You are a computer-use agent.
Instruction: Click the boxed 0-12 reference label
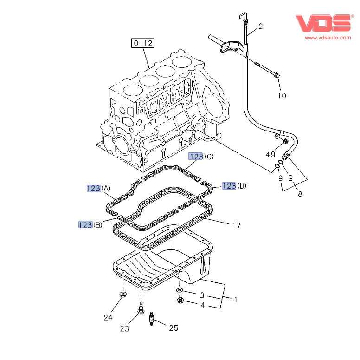click(x=142, y=43)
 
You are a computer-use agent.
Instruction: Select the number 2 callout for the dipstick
click(x=260, y=26)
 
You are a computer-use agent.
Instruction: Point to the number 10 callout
click(x=282, y=96)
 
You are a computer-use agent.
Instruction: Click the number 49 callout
click(x=270, y=154)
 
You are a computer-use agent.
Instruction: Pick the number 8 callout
click(x=300, y=194)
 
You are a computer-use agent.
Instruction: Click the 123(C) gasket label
click(x=201, y=157)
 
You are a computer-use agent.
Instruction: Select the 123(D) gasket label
click(x=234, y=186)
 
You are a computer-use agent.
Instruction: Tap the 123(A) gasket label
click(x=98, y=188)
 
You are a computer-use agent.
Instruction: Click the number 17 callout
click(x=236, y=225)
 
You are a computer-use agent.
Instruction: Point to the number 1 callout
click(x=235, y=300)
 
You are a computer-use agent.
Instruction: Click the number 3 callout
click(x=202, y=295)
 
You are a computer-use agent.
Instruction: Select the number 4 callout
click(x=202, y=305)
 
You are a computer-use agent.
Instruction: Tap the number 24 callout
click(x=108, y=318)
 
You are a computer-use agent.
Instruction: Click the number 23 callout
click(x=124, y=328)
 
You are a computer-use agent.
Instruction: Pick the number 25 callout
click(x=173, y=328)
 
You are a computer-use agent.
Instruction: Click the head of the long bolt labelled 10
click(x=276, y=75)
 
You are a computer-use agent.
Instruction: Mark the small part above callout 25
click(x=151, y=319)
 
